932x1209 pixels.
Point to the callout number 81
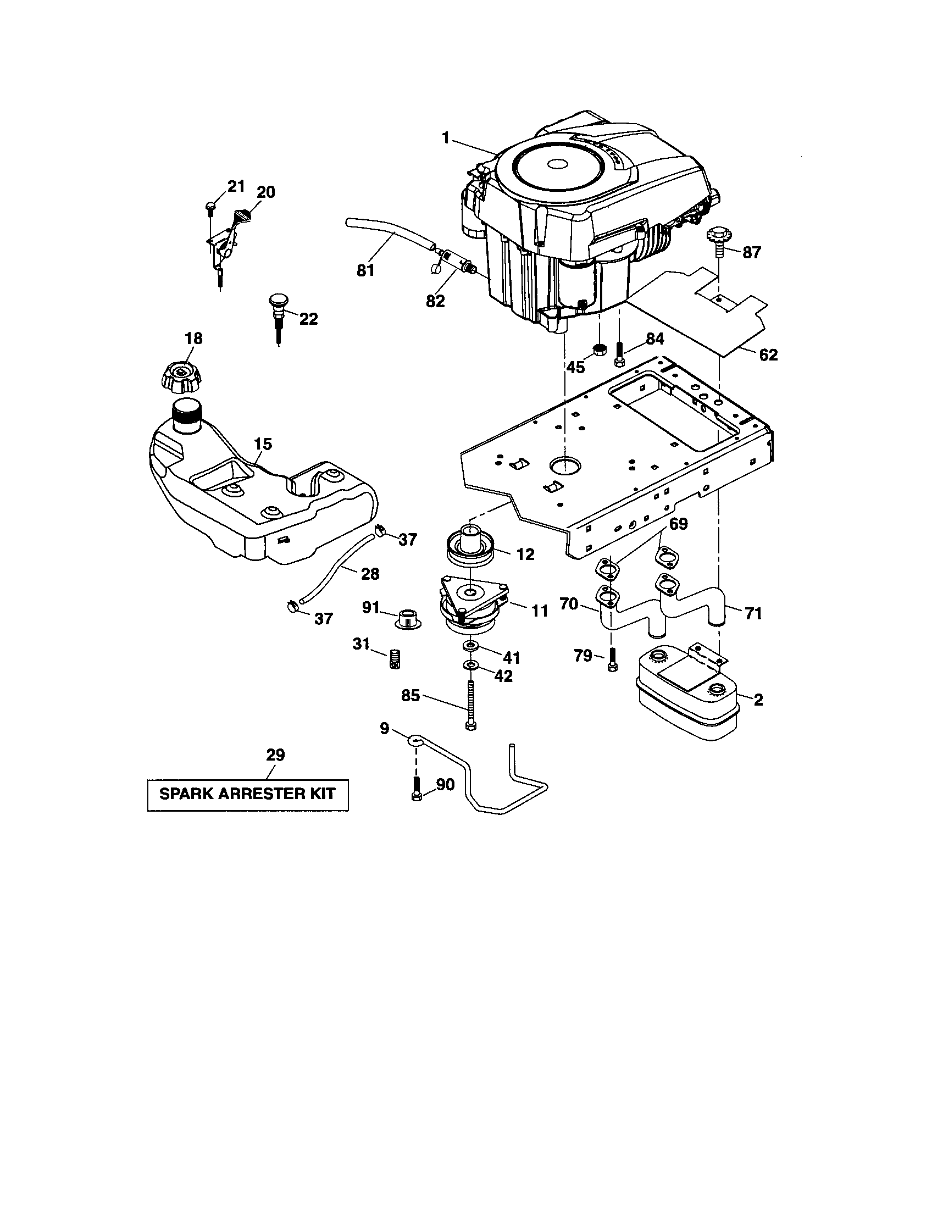[x=365, y=270]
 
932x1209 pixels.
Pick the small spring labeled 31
[x=395, y=659]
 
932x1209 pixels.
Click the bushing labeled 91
[x=408, y=618]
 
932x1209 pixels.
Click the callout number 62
[x=768, y=355]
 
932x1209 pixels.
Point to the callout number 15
[x=263, y=443]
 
